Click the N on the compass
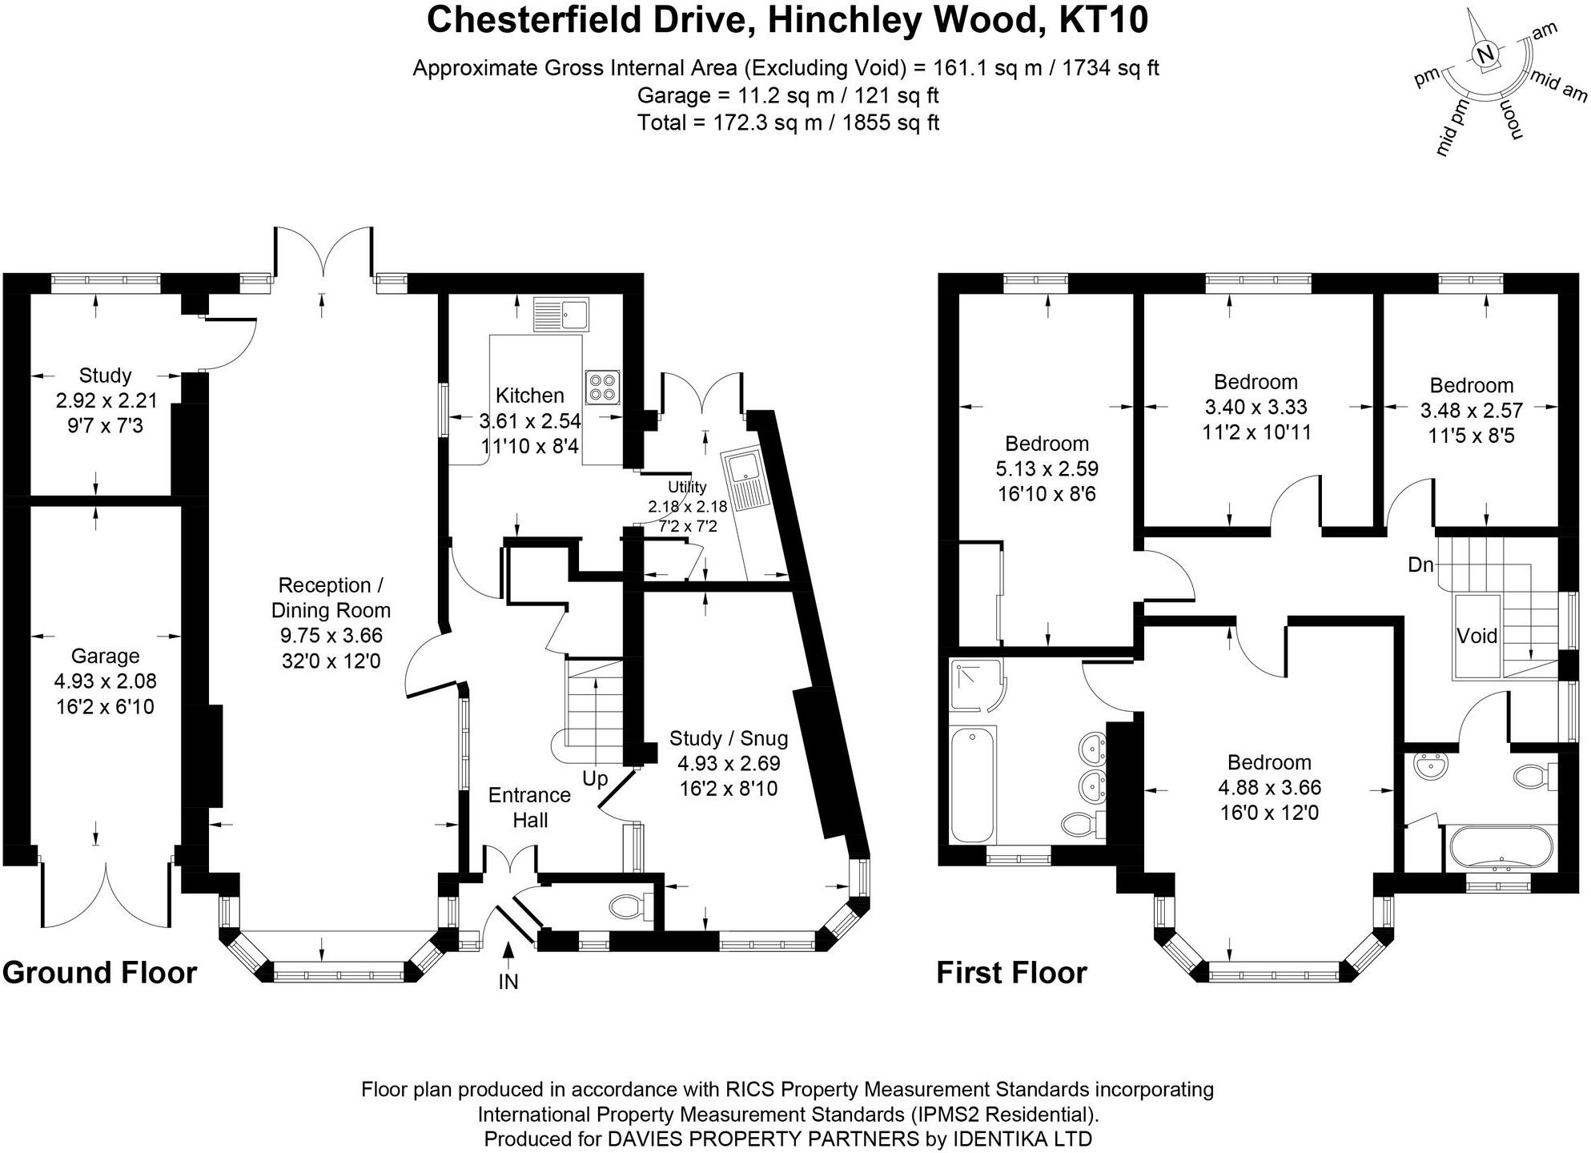click(1485, 54)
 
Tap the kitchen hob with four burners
click(603, 388)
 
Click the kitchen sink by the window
click(561, 315)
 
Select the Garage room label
click(105, 656)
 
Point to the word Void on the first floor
click(1476, 636)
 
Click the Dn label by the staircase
click(1420, 565)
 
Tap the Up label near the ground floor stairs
click(595, 778)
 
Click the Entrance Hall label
click(529, 807)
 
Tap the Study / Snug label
click(729, 738)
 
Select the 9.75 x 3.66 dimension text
click(331, 636)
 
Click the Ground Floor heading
click(99, 973)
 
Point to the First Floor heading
click(1011, 973)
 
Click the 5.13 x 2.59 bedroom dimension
click(1047, 468)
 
